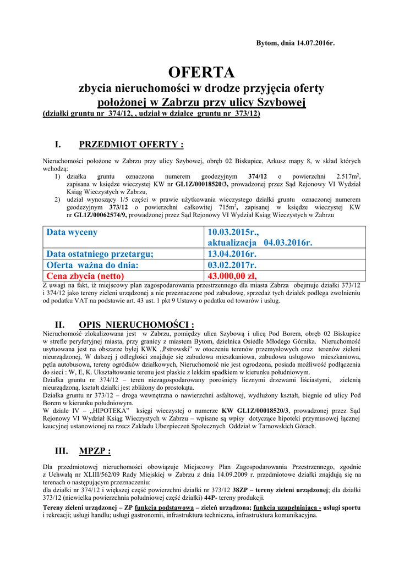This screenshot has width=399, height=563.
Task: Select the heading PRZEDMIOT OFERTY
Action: pos(131,145)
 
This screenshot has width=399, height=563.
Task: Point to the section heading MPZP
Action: pos(95,451)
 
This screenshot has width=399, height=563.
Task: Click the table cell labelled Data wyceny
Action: pos(72,232)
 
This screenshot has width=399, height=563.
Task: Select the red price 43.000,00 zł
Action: pos(232,275)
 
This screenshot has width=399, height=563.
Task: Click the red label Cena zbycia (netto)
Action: pos(85,275)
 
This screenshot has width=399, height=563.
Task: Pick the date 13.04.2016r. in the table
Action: pos(232,253)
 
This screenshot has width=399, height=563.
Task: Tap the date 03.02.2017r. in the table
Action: pos(232,264)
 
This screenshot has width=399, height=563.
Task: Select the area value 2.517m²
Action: pos(348,176)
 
